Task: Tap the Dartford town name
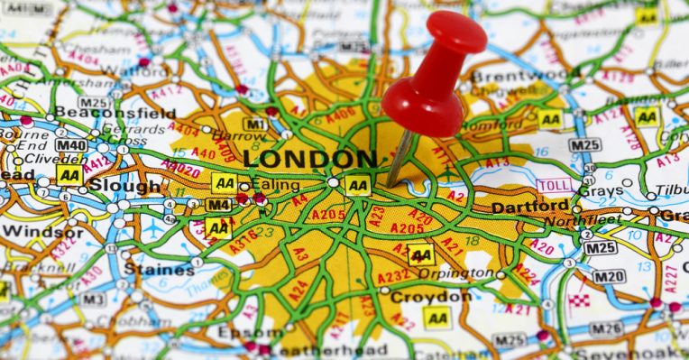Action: (529, 207)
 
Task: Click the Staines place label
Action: (146, 268)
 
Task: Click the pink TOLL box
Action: (554, 186)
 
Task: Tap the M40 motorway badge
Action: (71, 144)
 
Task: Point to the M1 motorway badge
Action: (255, 124)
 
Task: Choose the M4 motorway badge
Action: (217, 204)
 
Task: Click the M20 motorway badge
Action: (609, 276)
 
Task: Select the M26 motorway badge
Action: (605, 328)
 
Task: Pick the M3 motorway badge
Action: (92, 299)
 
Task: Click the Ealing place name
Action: (274, 185)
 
